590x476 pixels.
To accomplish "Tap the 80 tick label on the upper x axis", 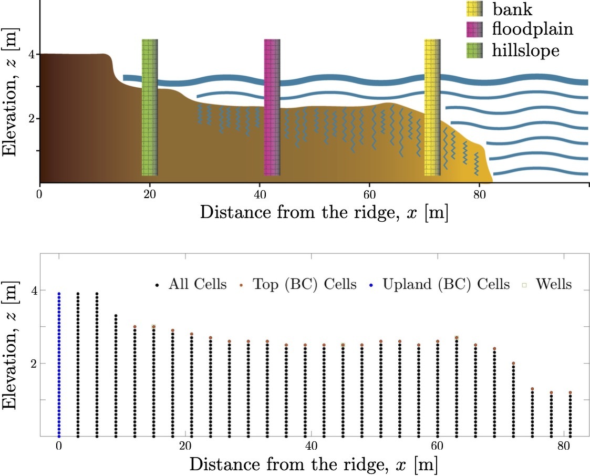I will (x=479, y=193).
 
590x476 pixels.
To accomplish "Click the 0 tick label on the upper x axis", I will (x=39, y=193).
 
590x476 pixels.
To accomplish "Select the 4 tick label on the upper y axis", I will (x=30, y=54).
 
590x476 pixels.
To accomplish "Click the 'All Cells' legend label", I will (x=198, y=285).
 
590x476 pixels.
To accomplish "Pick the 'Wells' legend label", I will (x=554, y=285).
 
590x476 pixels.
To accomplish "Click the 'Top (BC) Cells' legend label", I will (x=305, y=285).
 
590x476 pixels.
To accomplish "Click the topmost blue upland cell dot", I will (x=59, y=294).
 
